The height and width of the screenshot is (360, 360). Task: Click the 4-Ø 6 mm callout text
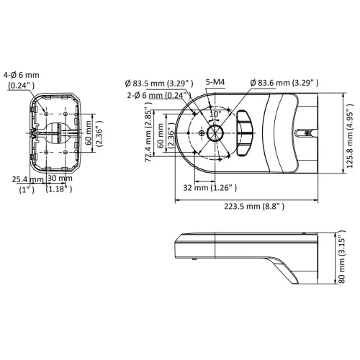[x=22, y=73]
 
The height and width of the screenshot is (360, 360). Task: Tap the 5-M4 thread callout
[x=214, y=83]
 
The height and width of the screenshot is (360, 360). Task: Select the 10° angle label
[x=215, y=114]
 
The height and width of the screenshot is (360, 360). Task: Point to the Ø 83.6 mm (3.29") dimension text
[x=284, y=83]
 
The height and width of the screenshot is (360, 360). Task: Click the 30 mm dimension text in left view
[x=60, y=178]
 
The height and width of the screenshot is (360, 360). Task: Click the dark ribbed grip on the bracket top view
[x=245, y=134]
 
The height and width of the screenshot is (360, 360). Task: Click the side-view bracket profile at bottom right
[x=252, y=256]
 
